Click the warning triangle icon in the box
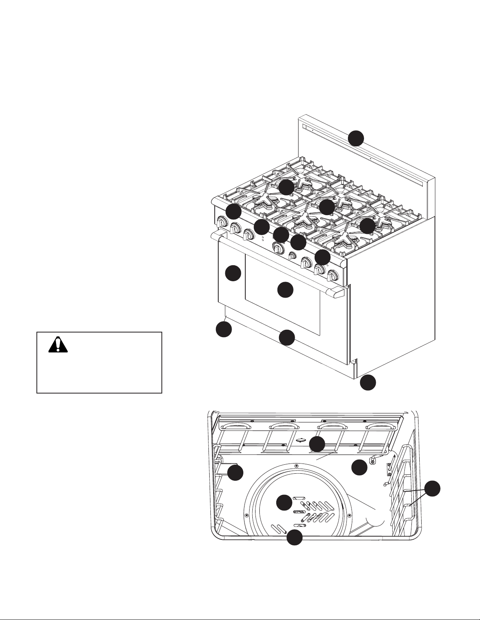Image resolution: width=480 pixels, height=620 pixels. (58, 345)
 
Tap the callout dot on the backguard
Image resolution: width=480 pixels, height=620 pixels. (356, 138)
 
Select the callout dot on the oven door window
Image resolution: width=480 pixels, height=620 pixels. (285, 289)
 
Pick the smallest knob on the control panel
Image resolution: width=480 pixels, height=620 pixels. (292, 256)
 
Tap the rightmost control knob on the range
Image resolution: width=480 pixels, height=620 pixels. (333, 275)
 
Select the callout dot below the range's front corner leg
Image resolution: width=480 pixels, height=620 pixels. (368, 383)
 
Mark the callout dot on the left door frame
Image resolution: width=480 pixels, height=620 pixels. (233, 273)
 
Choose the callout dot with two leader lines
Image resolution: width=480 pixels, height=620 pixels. (432, 489)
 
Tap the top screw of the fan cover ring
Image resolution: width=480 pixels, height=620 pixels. (296, 465)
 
